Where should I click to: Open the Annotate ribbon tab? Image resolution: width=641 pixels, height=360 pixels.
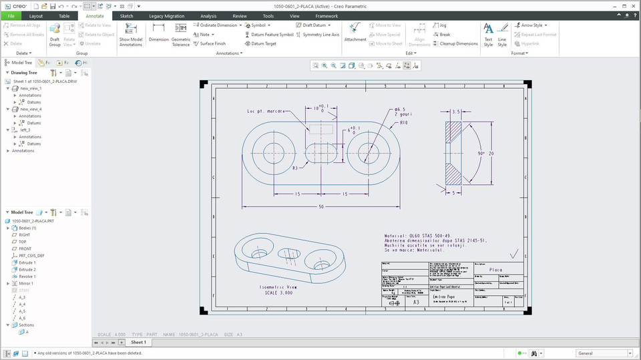coord(95,15)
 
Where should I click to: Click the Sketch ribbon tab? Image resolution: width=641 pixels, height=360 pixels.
coord(126,15)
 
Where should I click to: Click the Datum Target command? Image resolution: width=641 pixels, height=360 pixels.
coord(263,43)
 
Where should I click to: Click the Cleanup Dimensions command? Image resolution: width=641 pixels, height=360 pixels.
coord(458,43)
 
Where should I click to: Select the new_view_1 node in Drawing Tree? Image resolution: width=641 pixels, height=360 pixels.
coord(31,88)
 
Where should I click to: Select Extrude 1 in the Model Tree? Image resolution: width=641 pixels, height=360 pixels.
coord(27,262)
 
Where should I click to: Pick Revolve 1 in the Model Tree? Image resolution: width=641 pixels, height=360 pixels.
coord(27,276)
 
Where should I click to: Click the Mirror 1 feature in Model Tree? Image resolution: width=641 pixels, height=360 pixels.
coord(26,283)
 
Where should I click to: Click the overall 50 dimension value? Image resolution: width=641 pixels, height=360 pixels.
coord(320,207)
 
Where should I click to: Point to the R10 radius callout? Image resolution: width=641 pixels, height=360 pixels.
coord(404,123)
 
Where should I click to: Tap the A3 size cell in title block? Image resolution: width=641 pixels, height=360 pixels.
coord(416,303)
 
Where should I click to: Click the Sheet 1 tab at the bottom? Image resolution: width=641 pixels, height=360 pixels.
coord(138,342)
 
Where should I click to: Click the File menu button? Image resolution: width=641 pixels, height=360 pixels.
coord(11,15)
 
